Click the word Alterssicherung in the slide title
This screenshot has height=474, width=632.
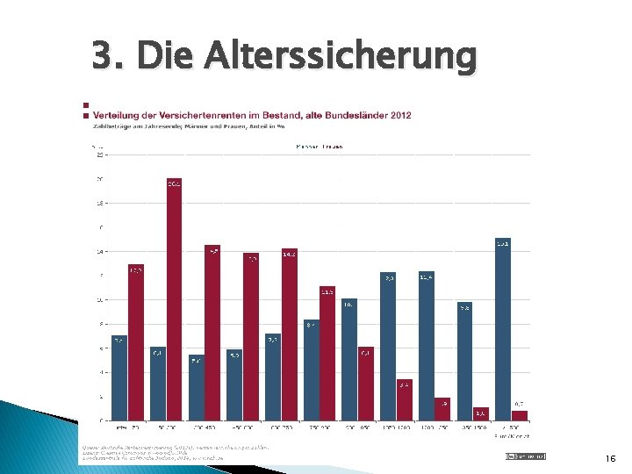pos(341,57)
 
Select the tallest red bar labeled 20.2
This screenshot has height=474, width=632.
pos(174,298)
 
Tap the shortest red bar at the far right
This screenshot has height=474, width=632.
pos(520,415)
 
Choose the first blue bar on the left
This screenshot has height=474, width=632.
pos(118,377)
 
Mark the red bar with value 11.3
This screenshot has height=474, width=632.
pos(327,352)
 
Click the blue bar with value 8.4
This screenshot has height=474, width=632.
pos(311,370)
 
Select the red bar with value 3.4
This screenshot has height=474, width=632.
pos(404,399)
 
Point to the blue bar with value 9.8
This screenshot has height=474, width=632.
pos(464,361)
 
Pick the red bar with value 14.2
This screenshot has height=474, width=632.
pos(289,334)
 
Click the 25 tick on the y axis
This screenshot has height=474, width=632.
pos(99,154)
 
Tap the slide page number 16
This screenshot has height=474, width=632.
pos(611,457)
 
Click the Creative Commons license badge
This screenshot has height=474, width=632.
pos(525,456)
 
